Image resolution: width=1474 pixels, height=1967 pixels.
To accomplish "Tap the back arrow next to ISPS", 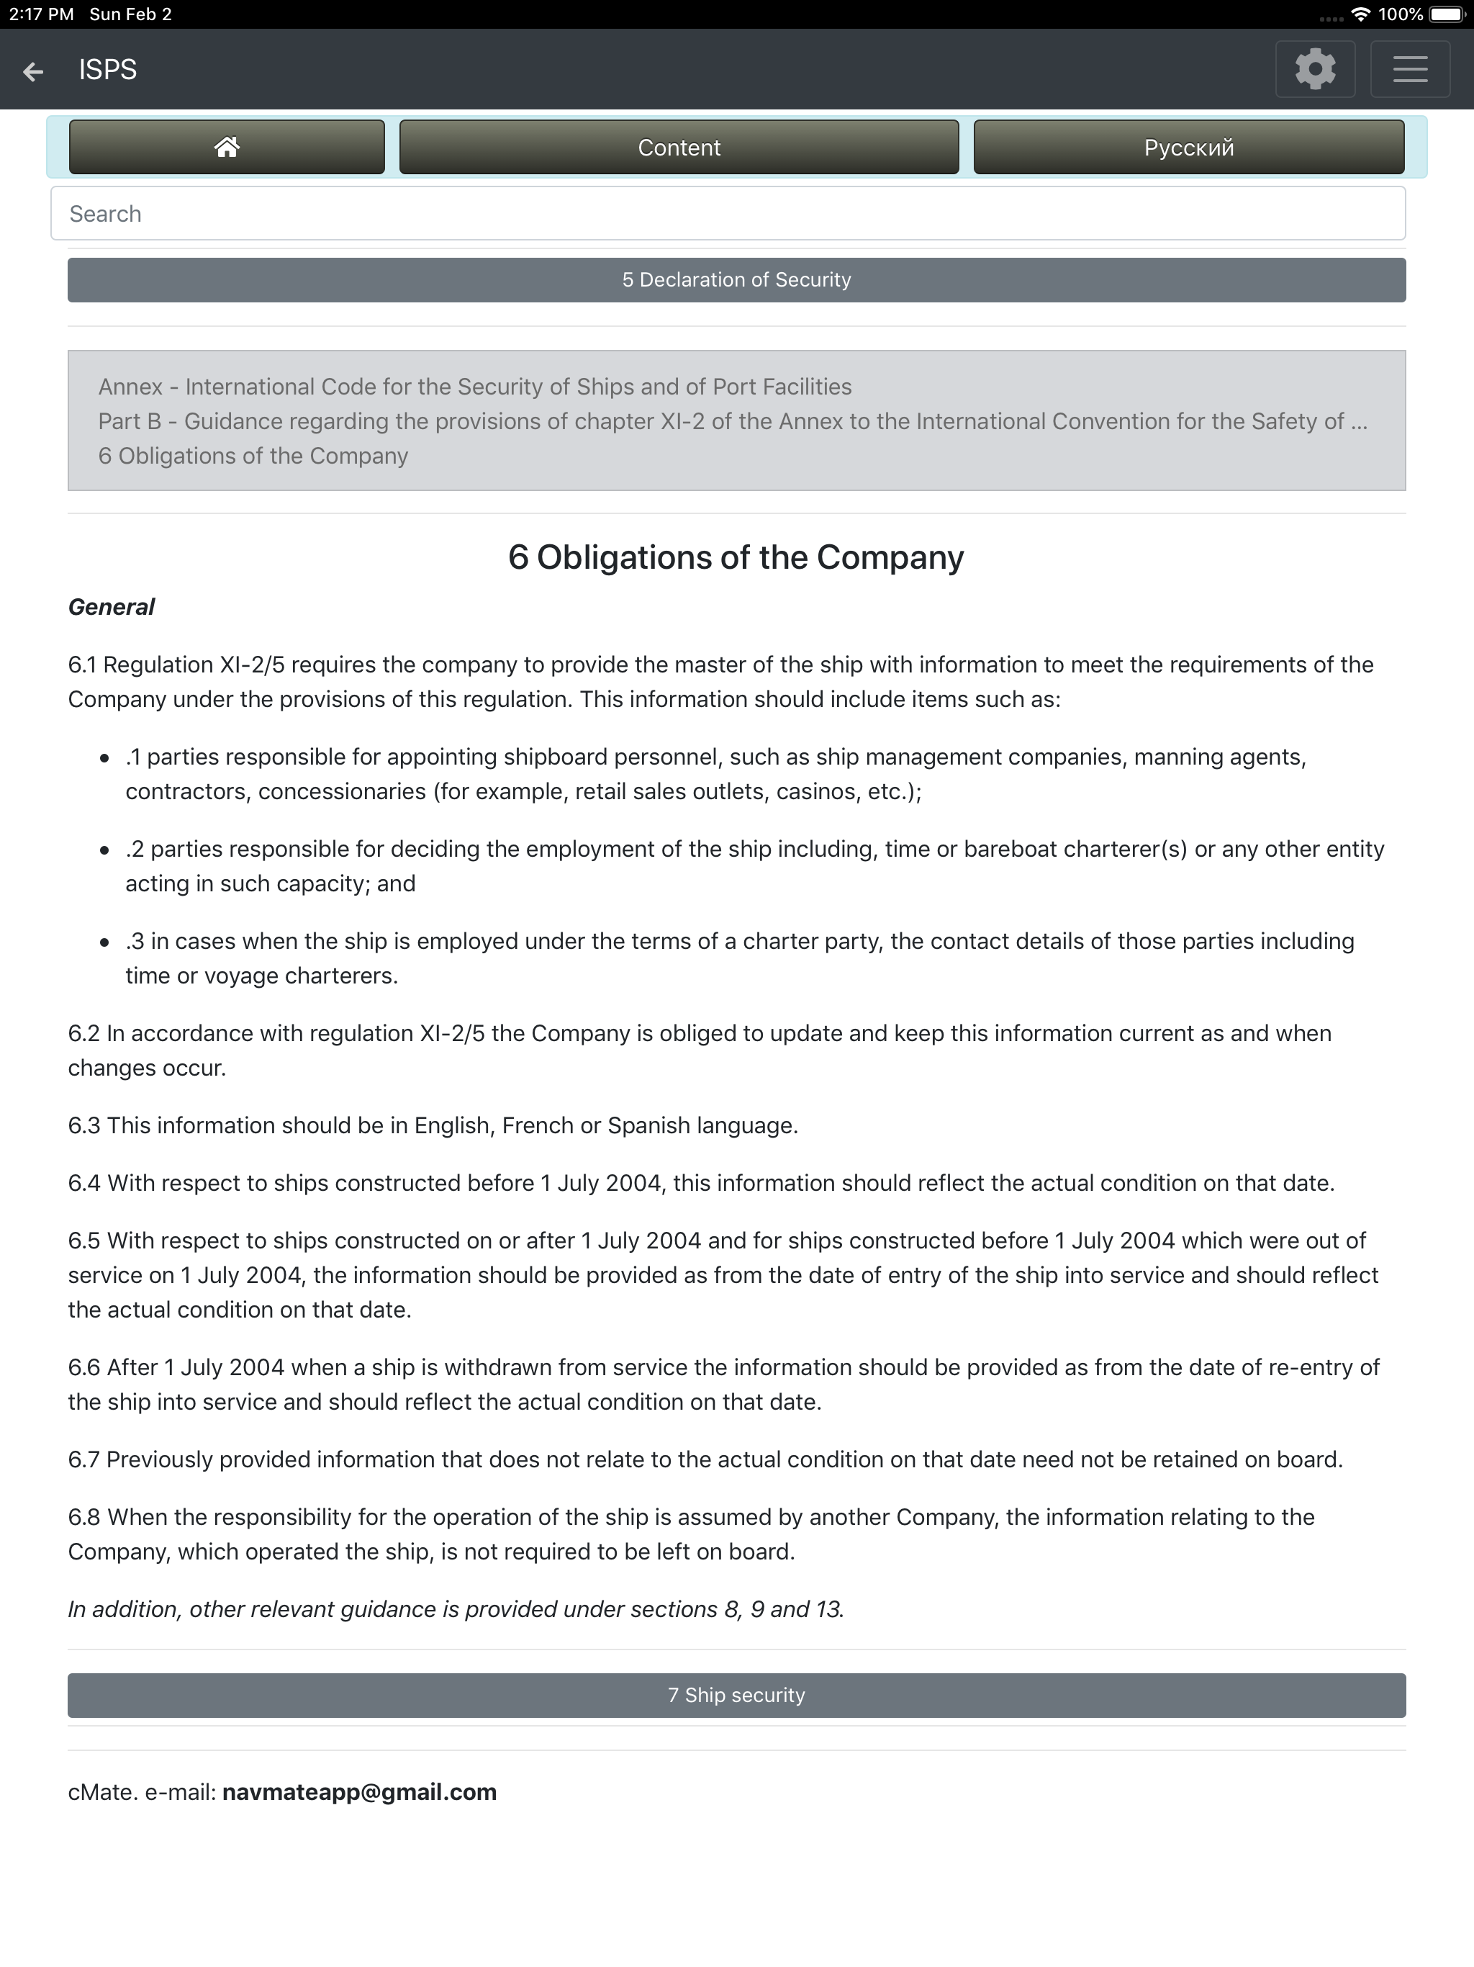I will tap(33, 71).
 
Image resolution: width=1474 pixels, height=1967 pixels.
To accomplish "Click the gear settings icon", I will tap(1315, 69).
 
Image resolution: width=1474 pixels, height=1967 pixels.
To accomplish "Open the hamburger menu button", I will tap(1410, 69).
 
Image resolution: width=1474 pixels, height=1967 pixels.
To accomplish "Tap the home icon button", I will tap(227, 148).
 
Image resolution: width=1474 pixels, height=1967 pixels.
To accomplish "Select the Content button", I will tap(679, 148).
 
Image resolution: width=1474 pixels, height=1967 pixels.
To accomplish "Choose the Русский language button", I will tap(1188, 148).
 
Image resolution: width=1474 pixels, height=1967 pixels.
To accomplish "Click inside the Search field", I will tap(727, 213).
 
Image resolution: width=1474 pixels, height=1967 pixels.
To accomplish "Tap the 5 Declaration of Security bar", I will tap(736, 280).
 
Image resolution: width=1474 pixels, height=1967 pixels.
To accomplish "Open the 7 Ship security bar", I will tap(736, 1695).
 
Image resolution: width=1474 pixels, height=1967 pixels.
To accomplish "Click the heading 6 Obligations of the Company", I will tap(736, 557).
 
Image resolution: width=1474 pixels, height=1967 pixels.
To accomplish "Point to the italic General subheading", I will tap(111, 608).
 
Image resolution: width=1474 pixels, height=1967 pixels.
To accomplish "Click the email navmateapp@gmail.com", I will tap(359, 1792).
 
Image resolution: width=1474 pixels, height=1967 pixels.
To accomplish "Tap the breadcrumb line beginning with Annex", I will tap(475, 387).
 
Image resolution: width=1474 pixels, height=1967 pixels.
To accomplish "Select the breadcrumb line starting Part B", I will tap(733, 421).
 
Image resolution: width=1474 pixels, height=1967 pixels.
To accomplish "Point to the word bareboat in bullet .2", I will tap(1010, 850).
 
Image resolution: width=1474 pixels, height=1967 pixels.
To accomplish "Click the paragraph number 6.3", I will tap(84, 1126).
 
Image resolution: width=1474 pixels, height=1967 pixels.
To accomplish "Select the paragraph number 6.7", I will tap(83, 1459).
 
